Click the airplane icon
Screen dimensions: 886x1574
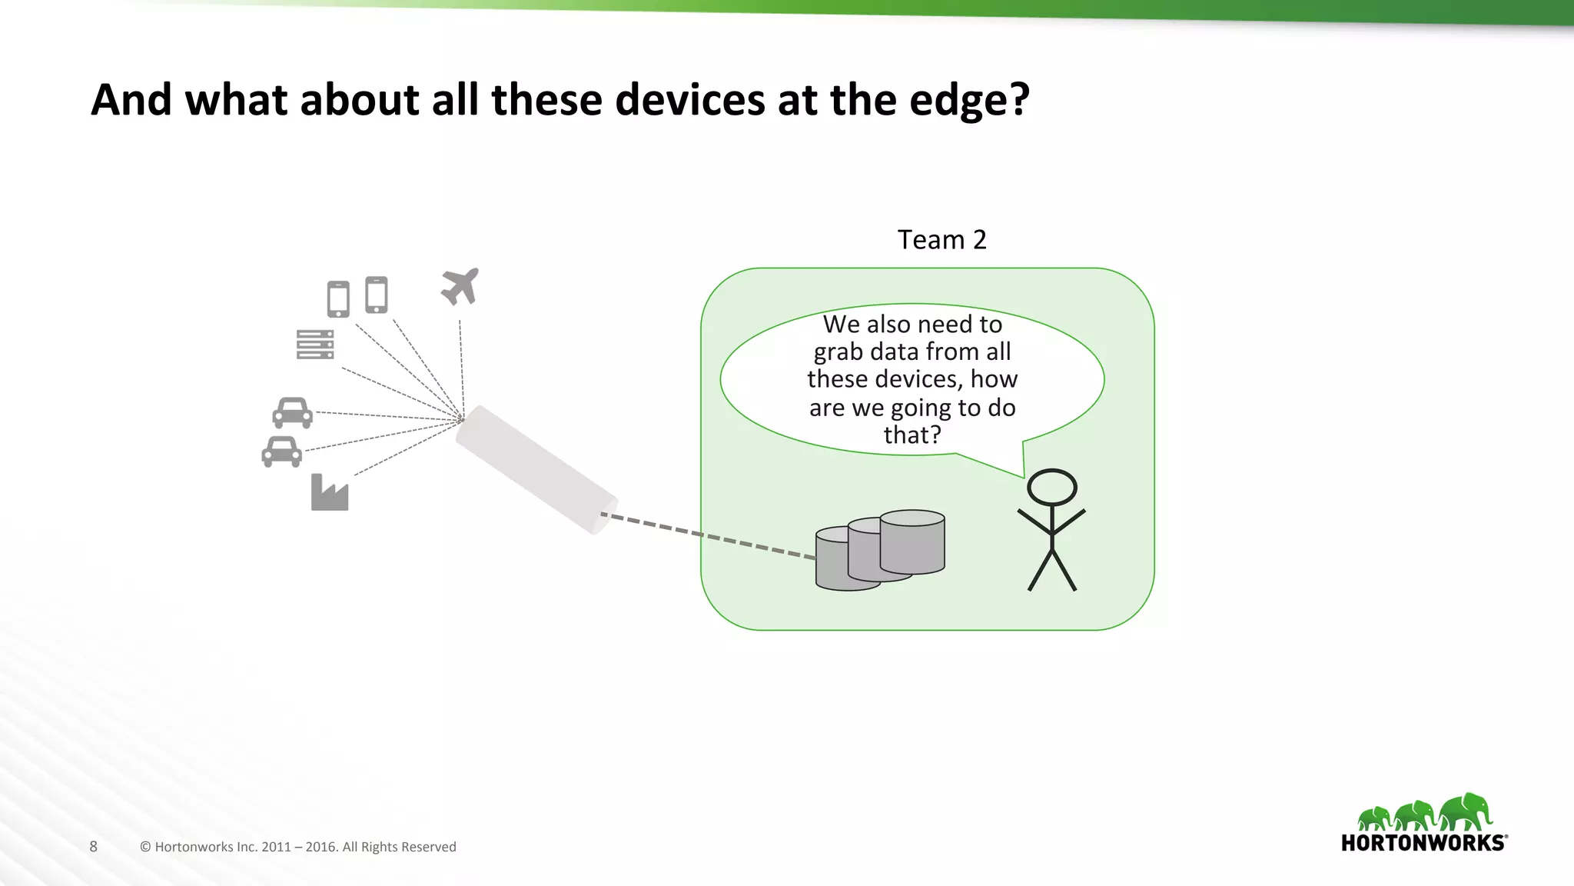(460, 286)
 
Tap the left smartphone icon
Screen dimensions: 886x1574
(338, 298)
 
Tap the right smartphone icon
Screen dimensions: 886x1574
(376, 295)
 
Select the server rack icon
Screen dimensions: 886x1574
(315, 345)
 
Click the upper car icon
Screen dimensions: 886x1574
(292, 413)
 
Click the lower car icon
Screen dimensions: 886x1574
(281, 451)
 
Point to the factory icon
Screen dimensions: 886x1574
(330, 493)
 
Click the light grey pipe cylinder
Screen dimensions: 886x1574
(536, 469)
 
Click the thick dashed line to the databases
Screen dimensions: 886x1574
(707, 535)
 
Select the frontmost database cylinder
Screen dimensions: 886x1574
(847, 560)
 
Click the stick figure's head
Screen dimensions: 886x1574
(1052, 488)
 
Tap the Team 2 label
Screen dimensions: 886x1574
(941, 240)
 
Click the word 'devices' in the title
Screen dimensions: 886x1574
(689, 101)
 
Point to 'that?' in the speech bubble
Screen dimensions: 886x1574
(912, 435)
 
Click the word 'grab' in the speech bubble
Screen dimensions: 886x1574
(838, 352)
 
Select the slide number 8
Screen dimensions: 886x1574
(94, 847)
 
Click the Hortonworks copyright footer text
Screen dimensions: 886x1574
(298, 847)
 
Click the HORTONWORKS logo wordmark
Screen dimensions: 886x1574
(1423, 843)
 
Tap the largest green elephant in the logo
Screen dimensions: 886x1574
(1466, 813)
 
